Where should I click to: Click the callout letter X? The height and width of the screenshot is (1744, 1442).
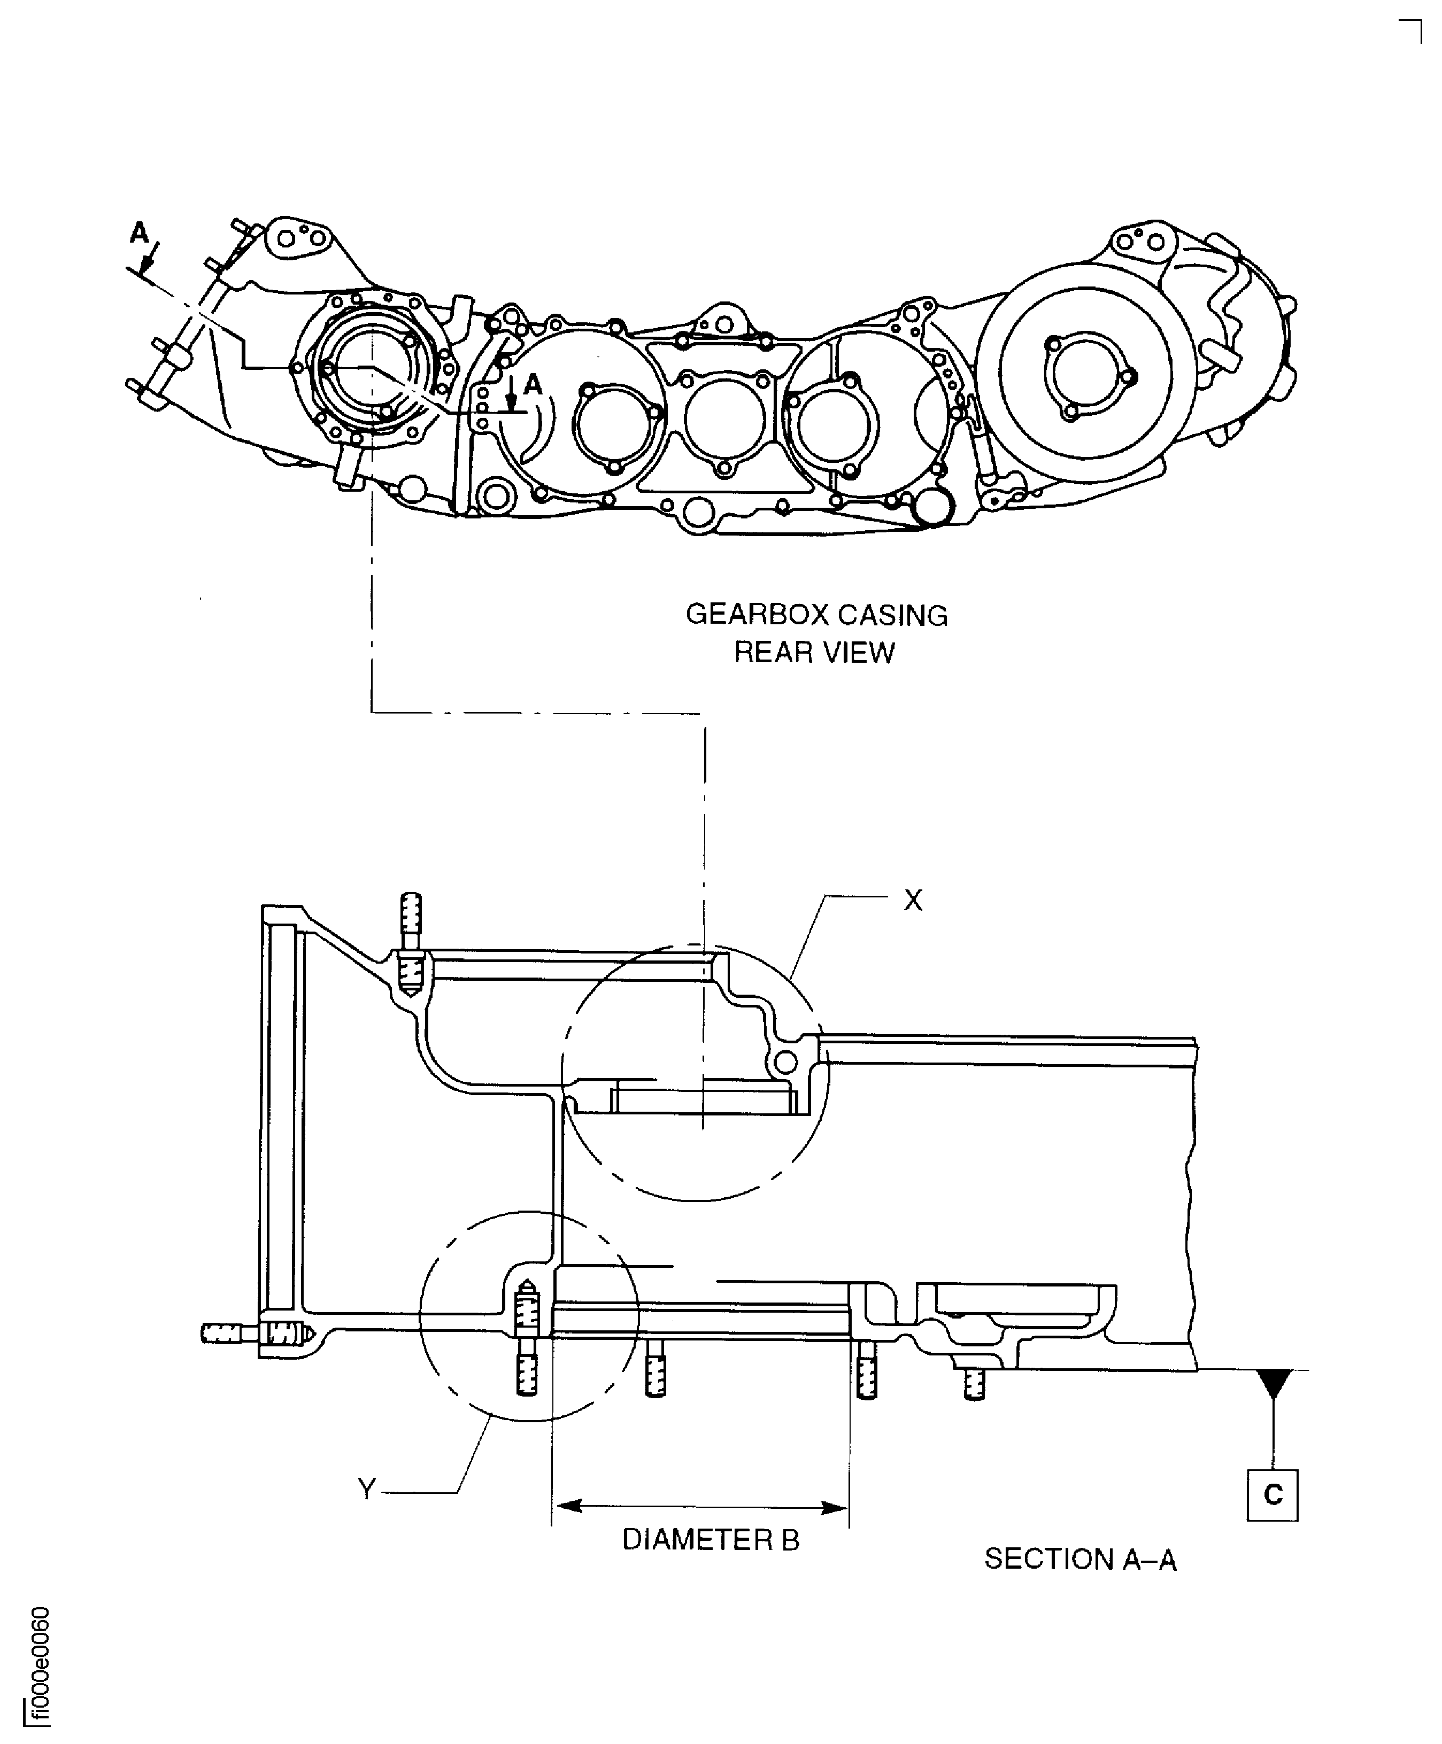[913, 900]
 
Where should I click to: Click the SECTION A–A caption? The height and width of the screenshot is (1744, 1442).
[1080, 1560]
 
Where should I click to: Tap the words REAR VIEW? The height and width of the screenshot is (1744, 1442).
[814, 653]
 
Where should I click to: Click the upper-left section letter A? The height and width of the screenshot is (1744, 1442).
[138, 234]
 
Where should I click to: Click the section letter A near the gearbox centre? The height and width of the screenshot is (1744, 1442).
[533, 384]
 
